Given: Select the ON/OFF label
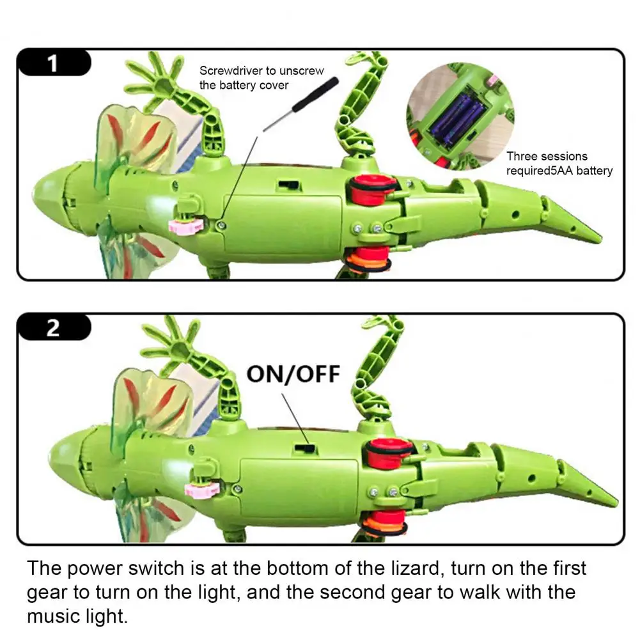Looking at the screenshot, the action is [293, 374].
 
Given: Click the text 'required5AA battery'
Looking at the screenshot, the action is [559, 171].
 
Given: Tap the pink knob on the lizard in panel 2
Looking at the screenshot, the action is [200, 489].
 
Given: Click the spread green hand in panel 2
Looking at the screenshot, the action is [168, 345].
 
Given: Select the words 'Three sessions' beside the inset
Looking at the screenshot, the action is [547, 157].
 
